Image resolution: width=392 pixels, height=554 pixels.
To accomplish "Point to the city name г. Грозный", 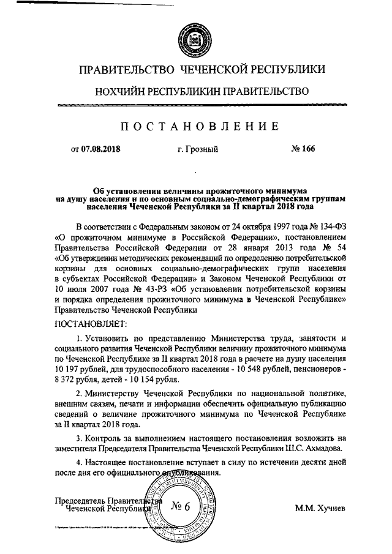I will [197, 149].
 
